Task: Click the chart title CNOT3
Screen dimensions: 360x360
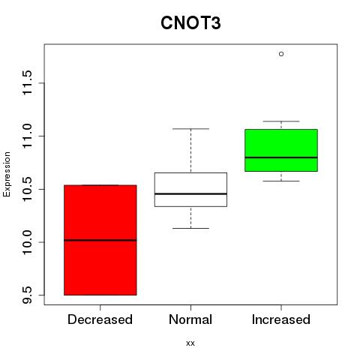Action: tap(190, 23)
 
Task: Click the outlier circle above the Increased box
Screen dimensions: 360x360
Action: tap(281, 54)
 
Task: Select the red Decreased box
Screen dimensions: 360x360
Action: tap(100, 240)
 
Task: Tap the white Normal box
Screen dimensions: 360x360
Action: tap(190, 190)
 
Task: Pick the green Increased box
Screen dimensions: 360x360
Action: tap(281, 150)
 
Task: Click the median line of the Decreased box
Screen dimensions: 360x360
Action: tap(100, 240)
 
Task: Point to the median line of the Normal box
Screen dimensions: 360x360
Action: tap(190, 193)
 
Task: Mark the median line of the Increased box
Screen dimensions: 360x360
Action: tap(281, 157)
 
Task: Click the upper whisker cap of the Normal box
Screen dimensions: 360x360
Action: tap(190, 129)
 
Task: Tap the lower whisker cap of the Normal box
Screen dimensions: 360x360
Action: tap(190, 228)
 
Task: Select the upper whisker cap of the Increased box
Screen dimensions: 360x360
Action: tap(281, 121)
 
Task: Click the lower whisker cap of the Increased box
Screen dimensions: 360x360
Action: tap(281, 181)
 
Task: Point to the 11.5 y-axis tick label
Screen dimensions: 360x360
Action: tap(27, 83)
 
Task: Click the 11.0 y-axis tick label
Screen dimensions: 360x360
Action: tap(27, 136)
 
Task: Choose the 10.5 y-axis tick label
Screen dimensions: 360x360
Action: tap(27, 189)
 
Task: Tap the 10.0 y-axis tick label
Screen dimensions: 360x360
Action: tap(27, 242)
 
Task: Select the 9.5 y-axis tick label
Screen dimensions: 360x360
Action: tap(27, 295)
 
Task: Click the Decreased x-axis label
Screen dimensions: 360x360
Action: tap(100, 319)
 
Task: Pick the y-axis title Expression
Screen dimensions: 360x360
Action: tap(7, 174)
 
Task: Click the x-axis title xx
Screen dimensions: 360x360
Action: tap(190, 343)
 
